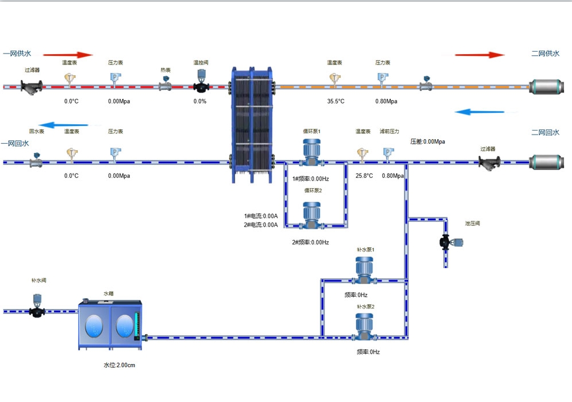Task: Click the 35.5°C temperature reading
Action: click(336, 101)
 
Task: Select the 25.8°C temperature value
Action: click(364, 176)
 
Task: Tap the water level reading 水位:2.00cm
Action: click(119, 365)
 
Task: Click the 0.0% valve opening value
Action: click(199, 101)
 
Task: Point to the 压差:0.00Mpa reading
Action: click(427, 141)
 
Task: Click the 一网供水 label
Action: click(17, 53)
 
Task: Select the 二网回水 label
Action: click(545, 132)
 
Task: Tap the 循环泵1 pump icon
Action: click(312, 152)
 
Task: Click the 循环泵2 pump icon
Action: click(312, 215)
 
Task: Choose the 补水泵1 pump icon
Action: click(365, 269)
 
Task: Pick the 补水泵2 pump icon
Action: click(365, 326)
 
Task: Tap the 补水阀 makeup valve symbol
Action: click(37, 306)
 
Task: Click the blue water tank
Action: click(110, 325)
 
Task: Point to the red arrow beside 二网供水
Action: click(479, 55)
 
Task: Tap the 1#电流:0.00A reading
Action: click(260, 216)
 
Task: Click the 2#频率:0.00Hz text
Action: click(310, 242)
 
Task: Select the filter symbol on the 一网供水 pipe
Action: click(32, 87)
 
